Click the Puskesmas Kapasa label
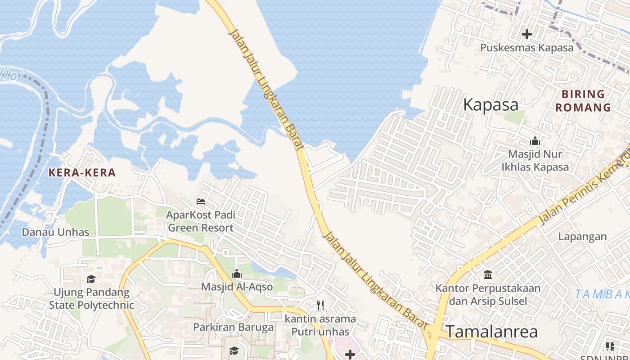click(x=527, y=48)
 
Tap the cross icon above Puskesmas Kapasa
click(x=527, y=34)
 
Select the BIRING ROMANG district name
click(x=583, y=101)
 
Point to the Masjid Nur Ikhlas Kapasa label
click(x=535, y=161)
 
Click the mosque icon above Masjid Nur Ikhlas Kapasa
click(x=535, y=141)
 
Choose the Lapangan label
click(x=582, y=236)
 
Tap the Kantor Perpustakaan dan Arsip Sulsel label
click(x=488, y=294)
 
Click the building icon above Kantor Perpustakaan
click(x=488, y=274)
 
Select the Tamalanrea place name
click(x=492, y=332)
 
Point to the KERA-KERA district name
click(x=82, y=172)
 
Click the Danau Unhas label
click(x=56, y=232)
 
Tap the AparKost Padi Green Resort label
click(x=201, y=221)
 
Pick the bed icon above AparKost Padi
click(x=201, y=201)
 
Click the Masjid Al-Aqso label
click(x=237, y=287)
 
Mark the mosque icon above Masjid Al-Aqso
click(x=237, y=274)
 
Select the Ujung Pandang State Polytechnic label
click(x=91, y=299)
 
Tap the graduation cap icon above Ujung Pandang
click(x=91, y=279)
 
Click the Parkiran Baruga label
click(x=234, y=327)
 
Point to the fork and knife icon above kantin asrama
click(x=320, y=306)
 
